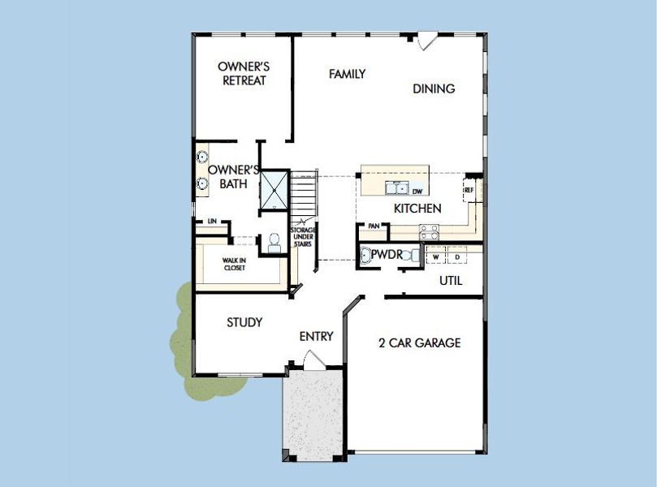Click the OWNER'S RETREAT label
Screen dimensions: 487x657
point(244,73)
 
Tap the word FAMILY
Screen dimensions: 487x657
point(347,74)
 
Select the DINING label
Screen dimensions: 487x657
point(434,89)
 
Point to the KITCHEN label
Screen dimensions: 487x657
point(417,209)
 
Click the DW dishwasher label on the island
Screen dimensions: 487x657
point(417,192)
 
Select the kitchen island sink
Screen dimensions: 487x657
point(398,189)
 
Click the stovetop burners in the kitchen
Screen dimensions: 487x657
point(428,232)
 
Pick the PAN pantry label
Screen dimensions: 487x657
point(374,226)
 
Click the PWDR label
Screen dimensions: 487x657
point(387,255)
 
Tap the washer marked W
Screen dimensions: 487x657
point(436,257)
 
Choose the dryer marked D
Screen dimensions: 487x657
point(457,257)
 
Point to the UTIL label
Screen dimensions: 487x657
point(451,281)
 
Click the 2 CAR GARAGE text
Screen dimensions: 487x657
point(419,343)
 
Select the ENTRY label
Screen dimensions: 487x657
point(316,336)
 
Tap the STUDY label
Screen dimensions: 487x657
point(244,322)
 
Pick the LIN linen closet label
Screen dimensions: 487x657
point(212,221)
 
